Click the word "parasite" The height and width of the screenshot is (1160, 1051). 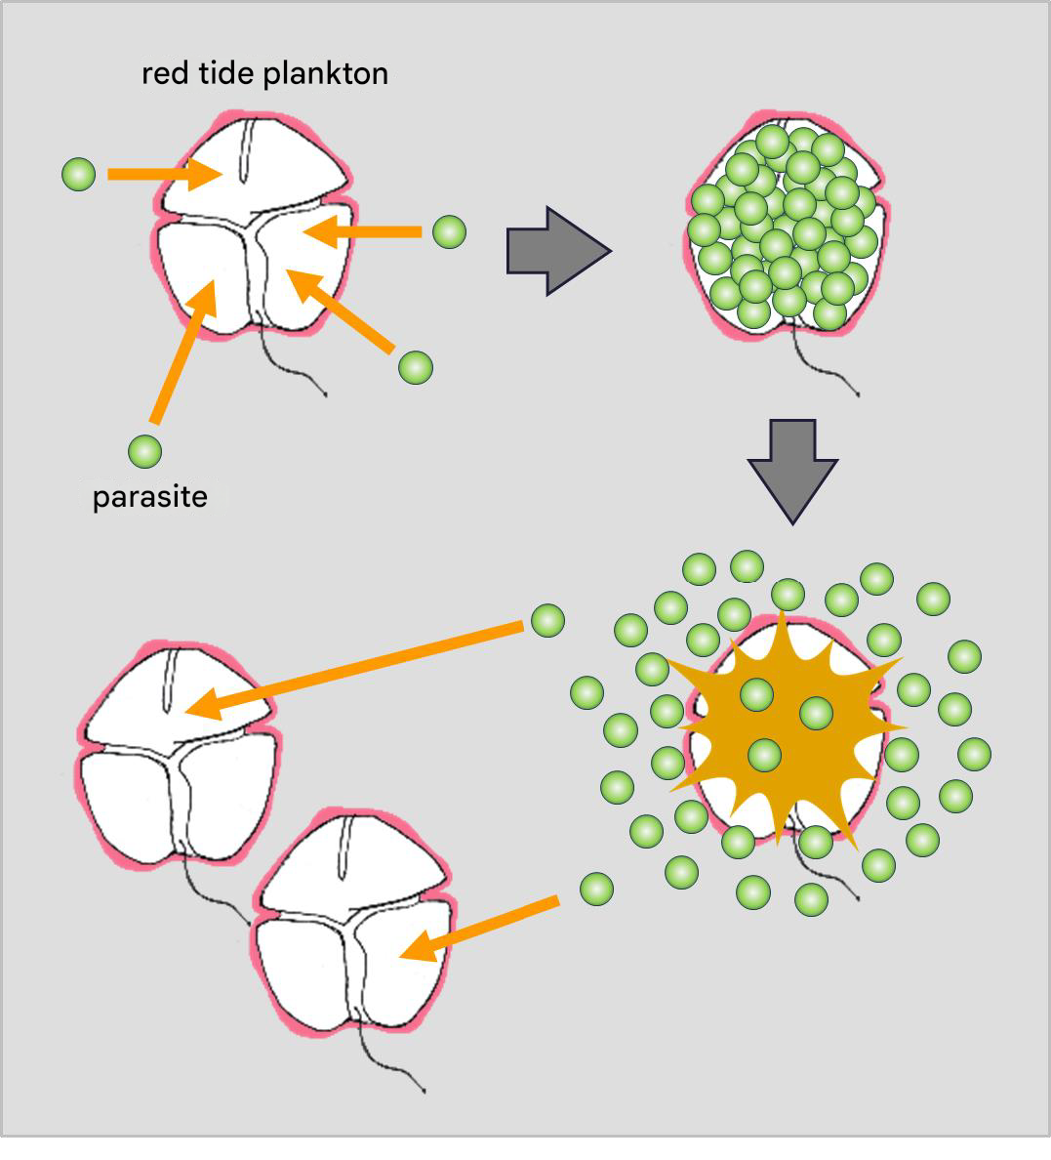click(x=149, y=497)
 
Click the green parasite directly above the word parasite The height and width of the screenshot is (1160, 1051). click(x=144, y=451)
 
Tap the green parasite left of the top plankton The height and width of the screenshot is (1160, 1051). click(x=78, y=174)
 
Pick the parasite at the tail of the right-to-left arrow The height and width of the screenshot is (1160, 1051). click(x=449, y=231)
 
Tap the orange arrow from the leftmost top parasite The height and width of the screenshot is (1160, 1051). click(x=162, y=174)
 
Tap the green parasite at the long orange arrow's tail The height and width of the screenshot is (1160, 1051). click(x=547, y=620)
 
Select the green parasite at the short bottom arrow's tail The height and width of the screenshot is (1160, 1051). click(x=596, y=889)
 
